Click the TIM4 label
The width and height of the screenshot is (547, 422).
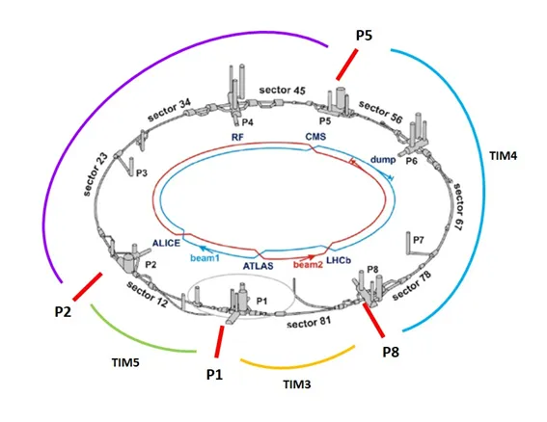(x=503, y=155)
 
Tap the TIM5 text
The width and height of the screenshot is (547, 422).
(x=125, y=363)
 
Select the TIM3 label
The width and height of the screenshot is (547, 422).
(x=297, y=384)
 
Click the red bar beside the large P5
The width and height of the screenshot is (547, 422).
(x=347, y=65)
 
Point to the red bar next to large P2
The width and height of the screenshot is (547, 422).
(x=88, y=286)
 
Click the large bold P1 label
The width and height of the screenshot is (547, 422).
(x=214, y=375)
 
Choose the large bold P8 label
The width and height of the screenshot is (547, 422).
(x=391, y=352)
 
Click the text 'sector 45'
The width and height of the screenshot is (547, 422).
(x=283, y=91)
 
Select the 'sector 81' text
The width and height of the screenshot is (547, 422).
(x=309, y=323)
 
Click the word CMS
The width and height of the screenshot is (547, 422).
(x=315, y=136)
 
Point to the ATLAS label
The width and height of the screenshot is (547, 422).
(x=259, y=266)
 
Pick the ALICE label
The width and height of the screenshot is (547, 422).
(x=166, y=243)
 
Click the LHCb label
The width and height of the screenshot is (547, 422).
(x=339, y=260)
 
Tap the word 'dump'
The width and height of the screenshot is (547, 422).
(x=383, y=160)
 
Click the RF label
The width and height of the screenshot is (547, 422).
(x=237, y=137)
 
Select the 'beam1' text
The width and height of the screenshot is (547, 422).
(x=205, y=258)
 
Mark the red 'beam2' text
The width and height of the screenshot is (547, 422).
(x=308, y=265)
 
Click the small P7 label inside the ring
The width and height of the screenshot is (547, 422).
(x=419, y=240)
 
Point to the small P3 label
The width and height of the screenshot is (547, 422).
(x=142, y=172)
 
